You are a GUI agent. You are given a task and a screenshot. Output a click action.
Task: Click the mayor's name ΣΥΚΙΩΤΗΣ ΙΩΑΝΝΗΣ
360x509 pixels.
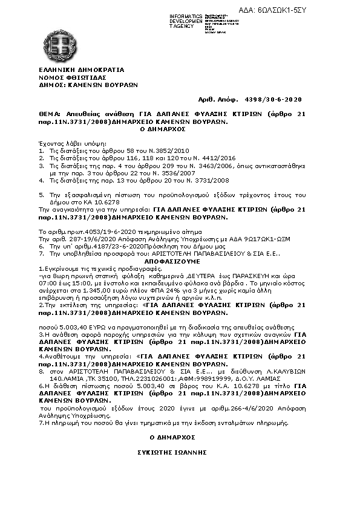(x=172, y=452)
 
